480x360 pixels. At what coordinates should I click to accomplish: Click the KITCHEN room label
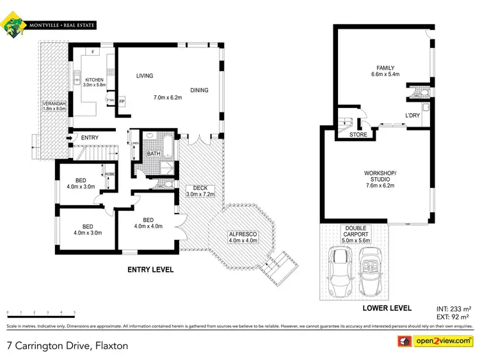(94, 80)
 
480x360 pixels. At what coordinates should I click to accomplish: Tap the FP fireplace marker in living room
(121, 102)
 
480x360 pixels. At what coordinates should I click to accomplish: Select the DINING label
(199, 90)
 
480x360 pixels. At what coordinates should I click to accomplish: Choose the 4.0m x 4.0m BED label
(148, 223)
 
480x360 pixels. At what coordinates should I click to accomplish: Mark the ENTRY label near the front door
(90, 137)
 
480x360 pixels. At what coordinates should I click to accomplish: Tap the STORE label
(358, 135)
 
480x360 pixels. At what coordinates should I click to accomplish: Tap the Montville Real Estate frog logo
(13, 26)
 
